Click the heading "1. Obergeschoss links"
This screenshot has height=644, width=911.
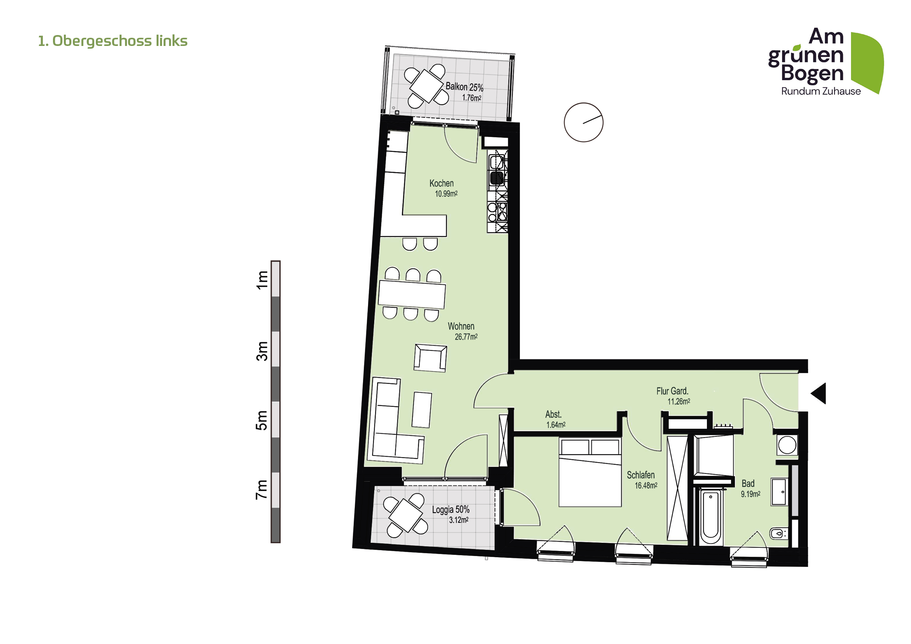(113, 41)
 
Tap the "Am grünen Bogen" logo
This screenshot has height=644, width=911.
(826, 62)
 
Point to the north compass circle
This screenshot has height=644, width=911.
(584, 123)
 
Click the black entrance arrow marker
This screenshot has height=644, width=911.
(818, 393)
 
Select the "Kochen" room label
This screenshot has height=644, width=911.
(441, 183)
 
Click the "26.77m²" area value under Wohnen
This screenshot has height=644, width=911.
(466, 337)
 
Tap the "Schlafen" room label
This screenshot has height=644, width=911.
(641, 475)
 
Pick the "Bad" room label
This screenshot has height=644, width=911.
(748, 484)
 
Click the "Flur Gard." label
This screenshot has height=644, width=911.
(672, 391)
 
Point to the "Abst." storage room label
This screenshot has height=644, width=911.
(553, 414)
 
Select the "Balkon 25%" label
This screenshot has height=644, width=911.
(464, 86)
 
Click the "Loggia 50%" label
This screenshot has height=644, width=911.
(451, 510)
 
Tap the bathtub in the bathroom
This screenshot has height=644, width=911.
(711, 517)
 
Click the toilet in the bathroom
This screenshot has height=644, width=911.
(778, 533)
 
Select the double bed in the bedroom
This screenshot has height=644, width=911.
(590, 472)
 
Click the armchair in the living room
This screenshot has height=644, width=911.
(430, 358)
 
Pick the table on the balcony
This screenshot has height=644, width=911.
(426, 86)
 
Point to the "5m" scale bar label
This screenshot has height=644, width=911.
(262, 421)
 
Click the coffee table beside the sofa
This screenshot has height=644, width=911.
(421, 410)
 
